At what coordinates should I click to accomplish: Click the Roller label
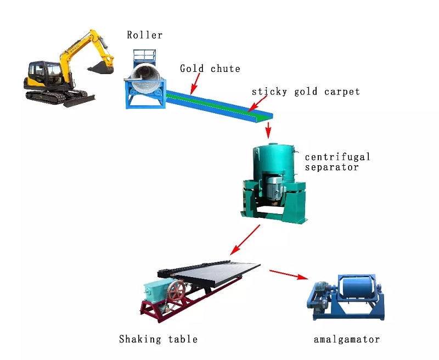145,35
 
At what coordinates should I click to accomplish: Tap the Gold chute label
210,69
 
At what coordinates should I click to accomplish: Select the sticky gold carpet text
306,92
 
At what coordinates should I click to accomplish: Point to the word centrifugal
337,157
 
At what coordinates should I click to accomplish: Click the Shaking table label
158,339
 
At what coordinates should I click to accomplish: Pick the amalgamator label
347,339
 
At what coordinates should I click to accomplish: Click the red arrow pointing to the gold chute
194,83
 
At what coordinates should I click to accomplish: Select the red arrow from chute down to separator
268,130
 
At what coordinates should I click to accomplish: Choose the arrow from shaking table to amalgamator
288,274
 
